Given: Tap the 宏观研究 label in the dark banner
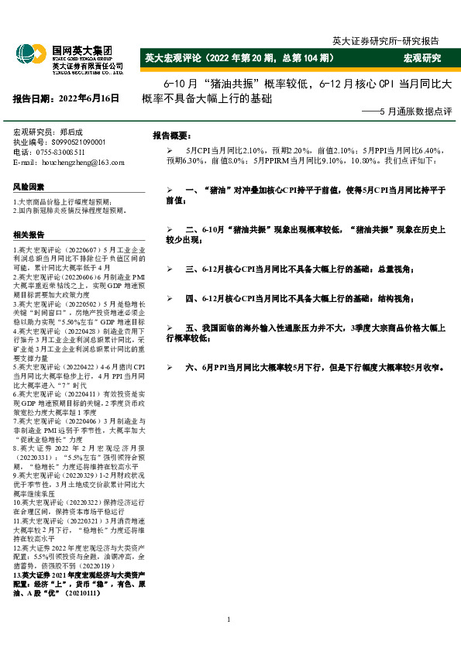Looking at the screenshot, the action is tap(421, 58).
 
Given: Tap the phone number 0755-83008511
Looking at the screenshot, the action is tap(64, 152).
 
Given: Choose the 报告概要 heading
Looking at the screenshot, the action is tap(172, 135).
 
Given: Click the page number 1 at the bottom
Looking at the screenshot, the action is tap(230, 619).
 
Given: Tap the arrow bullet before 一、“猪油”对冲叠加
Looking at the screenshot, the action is tap(169, 190).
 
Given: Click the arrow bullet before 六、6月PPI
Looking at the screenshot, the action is tap(169, 367).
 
